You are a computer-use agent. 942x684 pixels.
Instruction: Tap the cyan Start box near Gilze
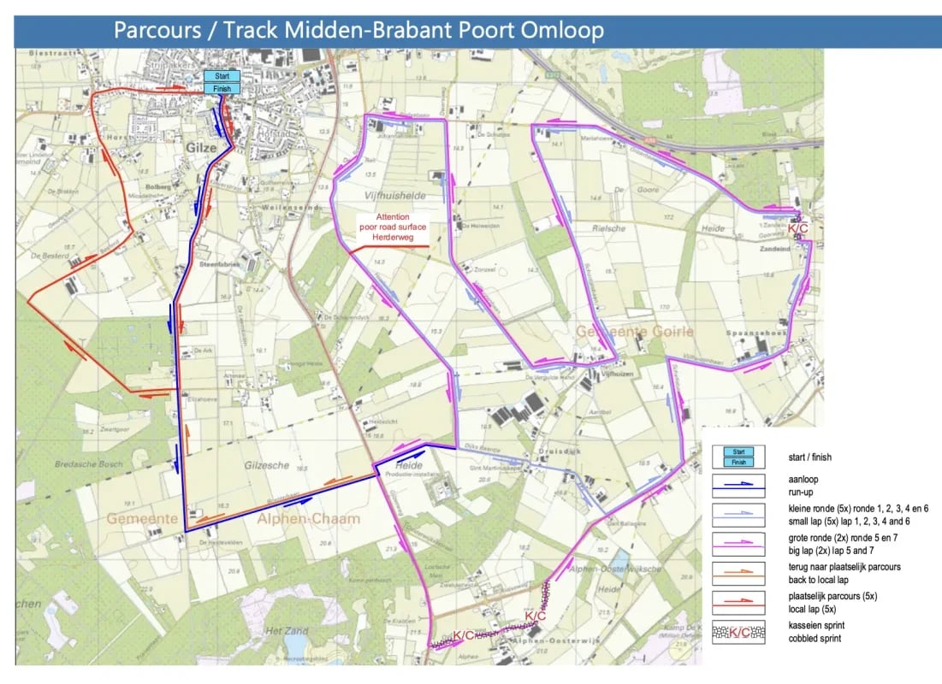tap(222, 76)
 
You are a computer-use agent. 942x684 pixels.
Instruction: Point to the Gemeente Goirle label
tap(635, 331)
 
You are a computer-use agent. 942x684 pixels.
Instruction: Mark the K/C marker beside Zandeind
tap(798, 228)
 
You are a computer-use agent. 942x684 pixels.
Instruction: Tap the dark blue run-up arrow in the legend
tap(738, 485)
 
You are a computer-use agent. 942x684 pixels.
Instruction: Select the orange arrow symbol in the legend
tap(738, 571)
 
